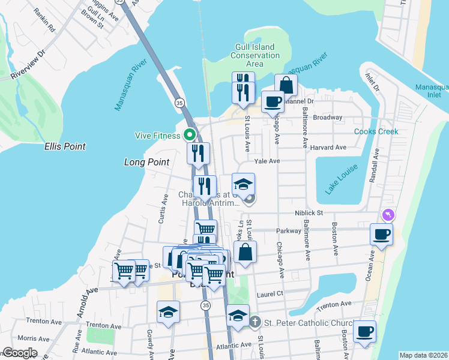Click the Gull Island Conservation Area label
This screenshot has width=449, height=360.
pyautogui.click(x=255, y=55)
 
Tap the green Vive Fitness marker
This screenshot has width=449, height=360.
pyautogui.click(x=190, y=135)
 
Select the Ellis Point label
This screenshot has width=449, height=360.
pyautogui.click(x=64, y=146)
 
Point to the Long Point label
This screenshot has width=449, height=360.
pyautogui.click(x=147, y=162)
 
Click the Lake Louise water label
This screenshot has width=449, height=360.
pyautogui.click(x=340, y=179)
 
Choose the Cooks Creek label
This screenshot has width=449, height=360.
pyautogui.click(x=376, y=131)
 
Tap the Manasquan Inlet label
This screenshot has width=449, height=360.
pyautogui.click(x=432, y=91)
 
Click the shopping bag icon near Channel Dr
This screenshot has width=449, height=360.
pyautogui.click(x=286, y=85)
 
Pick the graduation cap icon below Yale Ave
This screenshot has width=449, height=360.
pyautogui.click(x=244, y=184)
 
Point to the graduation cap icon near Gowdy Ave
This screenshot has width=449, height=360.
pyautogui.click(x=168, y=312)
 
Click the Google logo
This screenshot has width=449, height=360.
pyautogui.click(x=20, y=353)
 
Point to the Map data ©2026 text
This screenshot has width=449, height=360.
pyautogui.click(x=423, y=355)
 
